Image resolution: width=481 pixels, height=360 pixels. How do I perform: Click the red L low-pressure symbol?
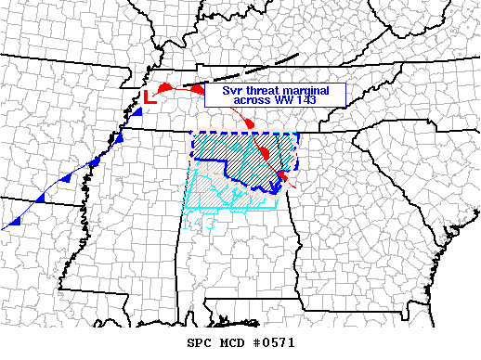click(x=149, y=96)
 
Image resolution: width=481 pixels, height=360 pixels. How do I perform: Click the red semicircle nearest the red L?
click(x=163, y=88)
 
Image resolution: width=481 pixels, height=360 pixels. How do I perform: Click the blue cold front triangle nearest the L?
click(x=136, y=112)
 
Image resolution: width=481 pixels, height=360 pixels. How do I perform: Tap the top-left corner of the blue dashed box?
click(x=191, y=135)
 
